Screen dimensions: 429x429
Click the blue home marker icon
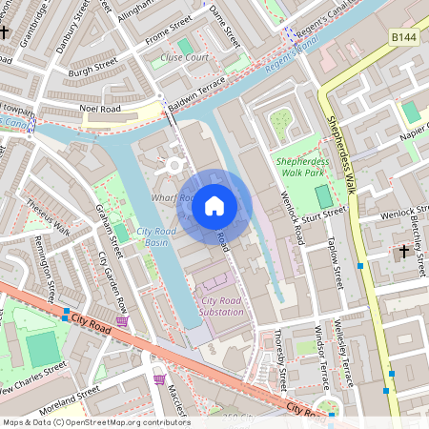click(214, 205)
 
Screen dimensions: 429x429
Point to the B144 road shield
click(404, 36)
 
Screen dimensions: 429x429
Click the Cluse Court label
click(184, 57)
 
